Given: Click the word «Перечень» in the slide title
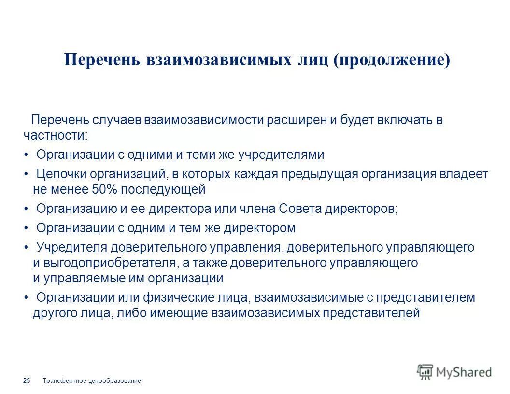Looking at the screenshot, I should [102, 60].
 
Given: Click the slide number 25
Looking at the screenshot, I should [27, 381].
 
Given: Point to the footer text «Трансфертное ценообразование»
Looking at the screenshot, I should [92, 381].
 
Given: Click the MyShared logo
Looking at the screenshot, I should [454, 371].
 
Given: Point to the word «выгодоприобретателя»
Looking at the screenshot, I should [109, 263].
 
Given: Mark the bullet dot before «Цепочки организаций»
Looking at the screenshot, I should [26, 174].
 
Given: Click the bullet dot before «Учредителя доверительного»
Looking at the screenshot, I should [26, 248].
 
